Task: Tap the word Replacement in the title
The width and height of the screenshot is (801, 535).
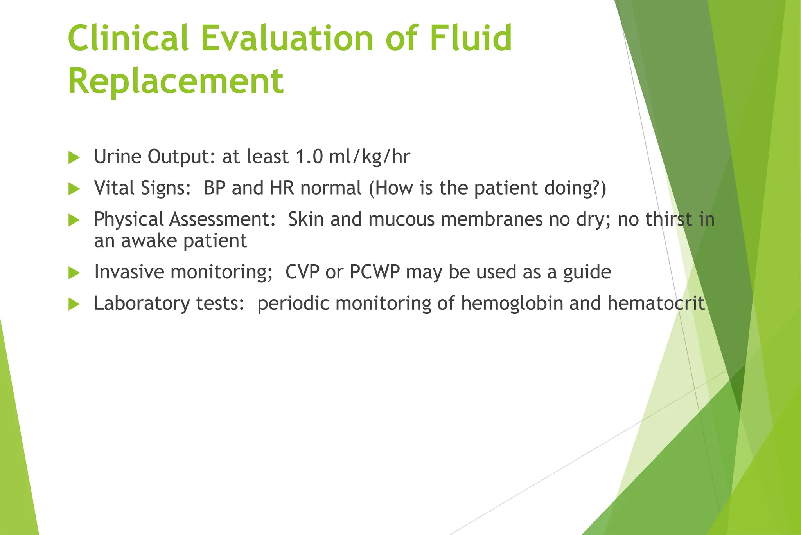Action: coord(176,81)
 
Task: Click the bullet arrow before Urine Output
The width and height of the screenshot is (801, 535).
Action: coord(74,158)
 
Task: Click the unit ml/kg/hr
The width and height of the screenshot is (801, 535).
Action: coord(370,157)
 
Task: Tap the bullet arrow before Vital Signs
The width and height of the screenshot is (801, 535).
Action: coord(74,189)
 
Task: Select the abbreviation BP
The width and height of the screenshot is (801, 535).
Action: coord(215,188)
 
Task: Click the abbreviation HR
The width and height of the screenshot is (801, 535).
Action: coord(282,188)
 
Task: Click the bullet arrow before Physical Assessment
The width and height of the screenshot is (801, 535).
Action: coord(74,220)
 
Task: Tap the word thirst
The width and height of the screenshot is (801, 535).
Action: coord(669,219)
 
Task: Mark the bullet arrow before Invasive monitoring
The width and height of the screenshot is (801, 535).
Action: coord(74,273)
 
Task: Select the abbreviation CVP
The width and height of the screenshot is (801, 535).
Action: coord(302,272)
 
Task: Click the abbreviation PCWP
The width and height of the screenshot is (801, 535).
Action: coord(375,272)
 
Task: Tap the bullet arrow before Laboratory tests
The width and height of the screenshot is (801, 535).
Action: coord(74,304)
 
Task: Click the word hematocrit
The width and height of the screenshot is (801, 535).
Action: coord(656,304)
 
